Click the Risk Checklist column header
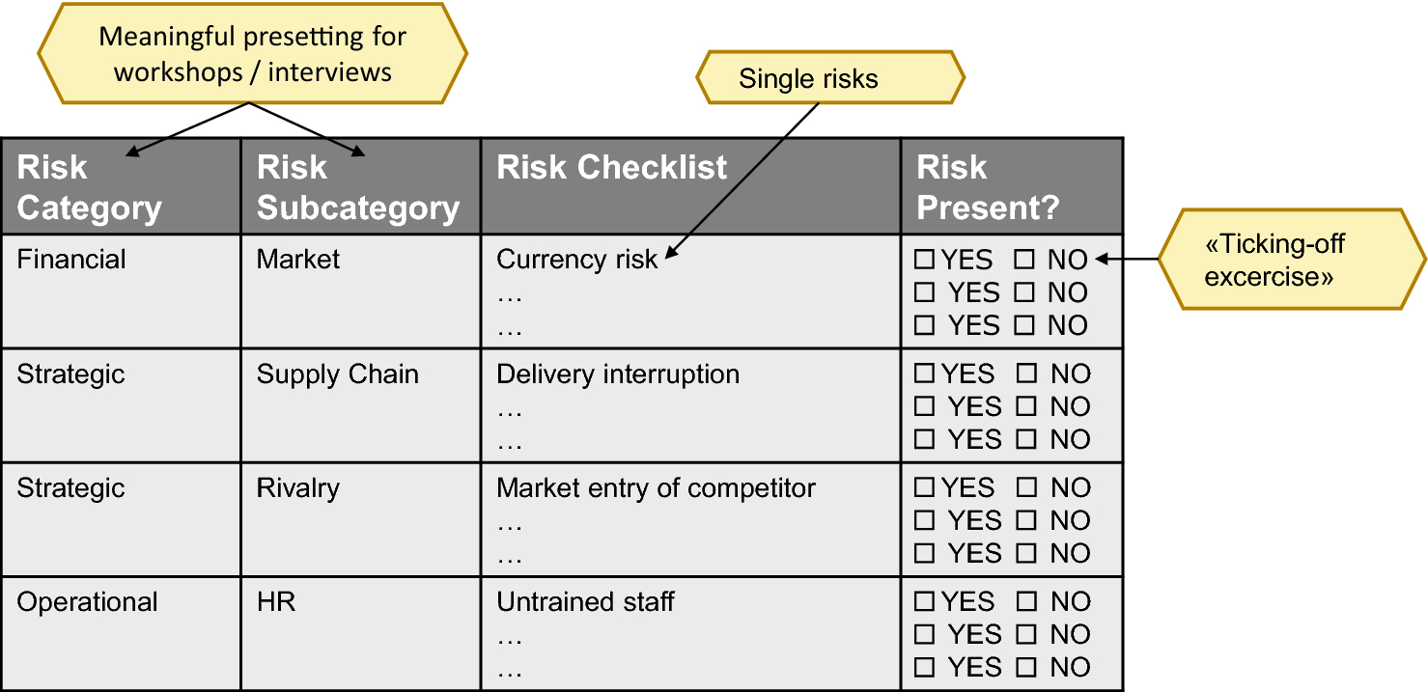[690, 186]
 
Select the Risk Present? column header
[1012, 186]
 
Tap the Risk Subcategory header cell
[361, 186]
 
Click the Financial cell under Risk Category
[121, 291]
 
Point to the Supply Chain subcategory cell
[361, 405]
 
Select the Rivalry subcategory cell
[361, 519]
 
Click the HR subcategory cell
[361, 633]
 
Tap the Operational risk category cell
[121, 633]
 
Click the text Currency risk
[576, 260]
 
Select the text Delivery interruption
[618, 374]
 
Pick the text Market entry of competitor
[656, 488]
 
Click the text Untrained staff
[585, 601]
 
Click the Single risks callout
[830, 78]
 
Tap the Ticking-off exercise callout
[1292, 260]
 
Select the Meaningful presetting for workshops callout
[252, 53]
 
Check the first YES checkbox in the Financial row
[924, 260]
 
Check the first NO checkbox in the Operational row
[1026, 601]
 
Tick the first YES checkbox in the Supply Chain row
[924, 374]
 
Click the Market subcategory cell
[361, 291]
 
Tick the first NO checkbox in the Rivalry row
[1026, 487]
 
